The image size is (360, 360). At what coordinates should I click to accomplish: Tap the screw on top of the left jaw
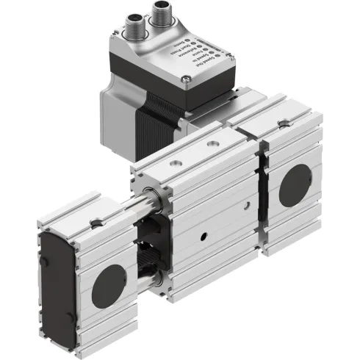pos(94,223)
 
